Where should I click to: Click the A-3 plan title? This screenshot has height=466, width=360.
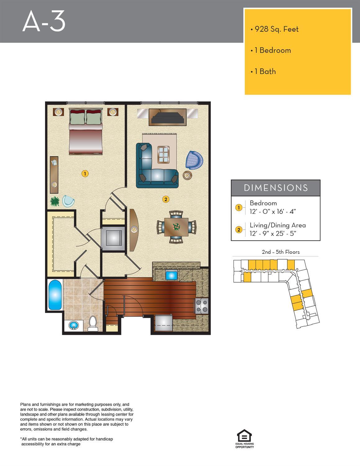pyautogui.click(x=44, y=21)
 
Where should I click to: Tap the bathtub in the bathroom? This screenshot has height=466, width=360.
pyautogui.click(x=55, y=295)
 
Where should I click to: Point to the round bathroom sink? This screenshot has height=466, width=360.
pyautogui.click(x=74, y=325)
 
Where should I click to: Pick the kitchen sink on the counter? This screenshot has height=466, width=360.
pyautogui.click(x=171, y=275)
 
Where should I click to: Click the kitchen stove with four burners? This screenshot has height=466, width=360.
pyautogui.click(x=202, y=306)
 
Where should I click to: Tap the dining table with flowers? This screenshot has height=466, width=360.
pyautogui.click(x=176, y=227)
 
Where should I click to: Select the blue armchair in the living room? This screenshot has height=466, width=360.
pyautogui.click(x=194, y=160)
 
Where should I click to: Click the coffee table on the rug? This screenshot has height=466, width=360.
pyautogui.click(x=163, y=155)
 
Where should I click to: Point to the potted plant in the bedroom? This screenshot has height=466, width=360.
pyautogui.click(x=55, y=201)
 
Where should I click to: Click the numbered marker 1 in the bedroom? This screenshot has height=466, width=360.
pyautogui.click(x=85, y=173)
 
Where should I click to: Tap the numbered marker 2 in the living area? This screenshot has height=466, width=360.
pyautogui.click(x=166, y=200)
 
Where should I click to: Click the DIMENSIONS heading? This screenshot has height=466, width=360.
pyautogui.click(x=276, y=188)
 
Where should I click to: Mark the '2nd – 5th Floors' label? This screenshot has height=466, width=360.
pyautogui.click(x=281, y=252)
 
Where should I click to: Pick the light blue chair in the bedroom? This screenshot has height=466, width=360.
pyautogui.click(x=68, y=201)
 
